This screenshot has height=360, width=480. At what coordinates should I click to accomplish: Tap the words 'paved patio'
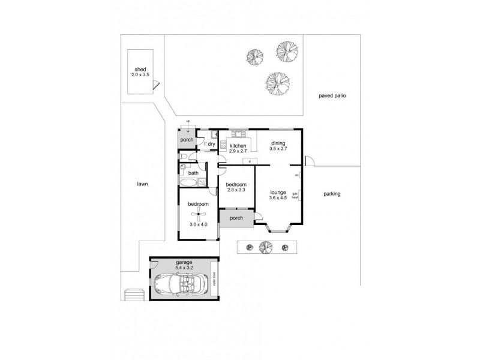coord(332,95)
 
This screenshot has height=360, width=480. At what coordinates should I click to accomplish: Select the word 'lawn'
coord(142,184)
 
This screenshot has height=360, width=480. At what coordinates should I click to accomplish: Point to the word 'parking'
coord(332,194)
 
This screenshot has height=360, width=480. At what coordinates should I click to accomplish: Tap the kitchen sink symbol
coord(239,134)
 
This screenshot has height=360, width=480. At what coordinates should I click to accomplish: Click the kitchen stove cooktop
coord(223,145)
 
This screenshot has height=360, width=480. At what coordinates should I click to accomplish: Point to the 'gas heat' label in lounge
coord(295,195)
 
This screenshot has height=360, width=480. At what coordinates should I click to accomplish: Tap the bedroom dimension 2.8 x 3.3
coord(236,190)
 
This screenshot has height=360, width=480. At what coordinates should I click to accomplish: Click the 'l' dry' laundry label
coord(210,145)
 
